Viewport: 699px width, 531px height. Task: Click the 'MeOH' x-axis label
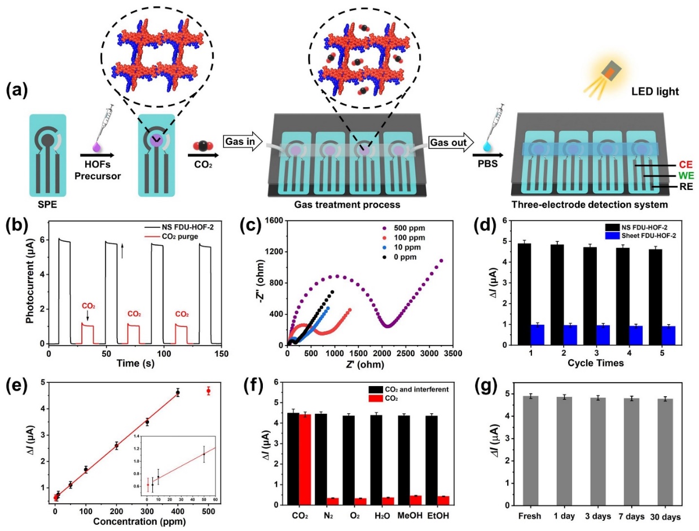pos(417,515)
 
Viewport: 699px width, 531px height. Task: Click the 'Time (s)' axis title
pos(139,364)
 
